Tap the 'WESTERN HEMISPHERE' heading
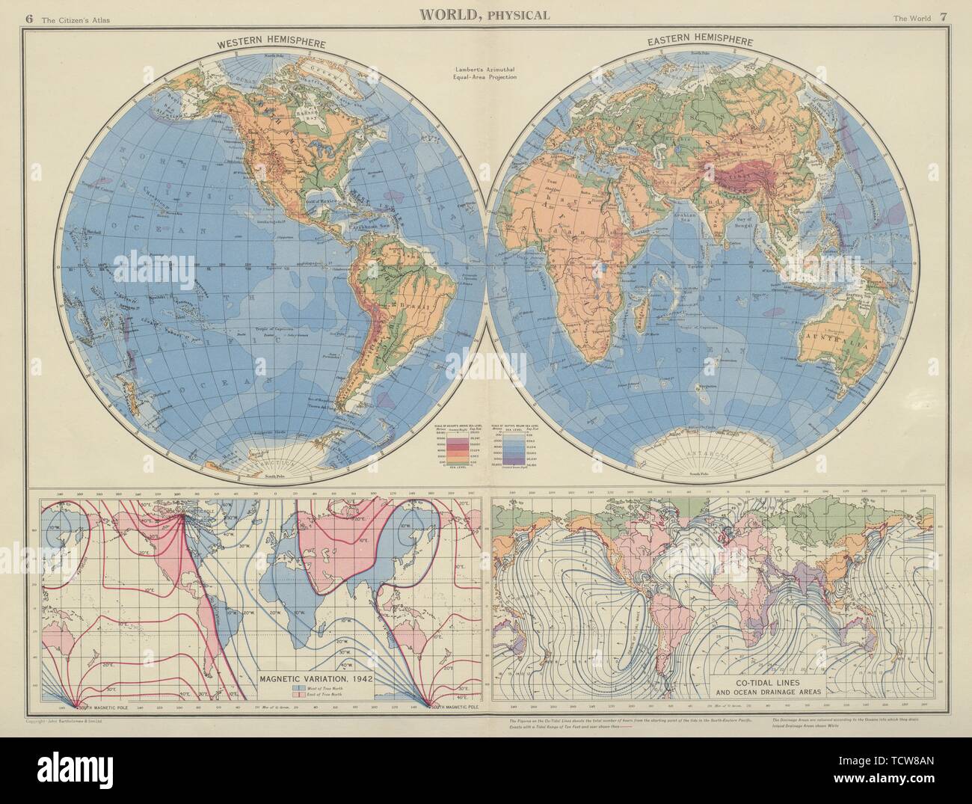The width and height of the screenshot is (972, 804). coord(271,45)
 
